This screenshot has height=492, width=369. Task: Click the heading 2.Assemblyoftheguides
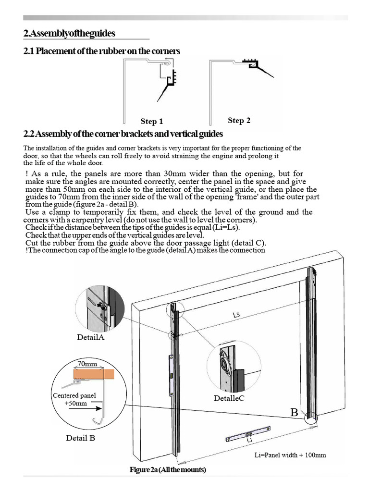pos(69,34)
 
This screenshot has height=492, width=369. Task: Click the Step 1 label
pos(151,122)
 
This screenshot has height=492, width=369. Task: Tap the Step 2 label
pos(239,121)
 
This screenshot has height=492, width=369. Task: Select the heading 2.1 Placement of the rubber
pos(101,51)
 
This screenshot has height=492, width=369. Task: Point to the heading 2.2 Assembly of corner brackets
pos(123,134)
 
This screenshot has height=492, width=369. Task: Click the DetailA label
pos(90,337)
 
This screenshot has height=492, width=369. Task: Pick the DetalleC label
pos(229,398)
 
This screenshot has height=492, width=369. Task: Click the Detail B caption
pos(84,438)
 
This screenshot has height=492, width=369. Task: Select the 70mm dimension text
pos(87,365)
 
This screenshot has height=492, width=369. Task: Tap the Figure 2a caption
pos(168,469)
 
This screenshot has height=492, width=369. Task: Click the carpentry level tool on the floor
pos(248,434)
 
